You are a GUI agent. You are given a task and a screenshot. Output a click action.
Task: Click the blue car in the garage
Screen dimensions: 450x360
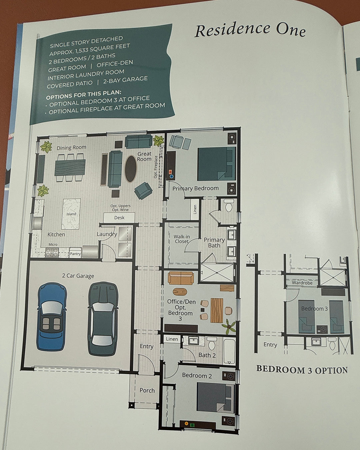pos(52,317)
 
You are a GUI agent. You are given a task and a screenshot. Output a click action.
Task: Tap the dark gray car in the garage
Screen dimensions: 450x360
pos(103,318)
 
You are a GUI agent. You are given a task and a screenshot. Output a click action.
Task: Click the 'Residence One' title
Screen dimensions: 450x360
pos(250,30)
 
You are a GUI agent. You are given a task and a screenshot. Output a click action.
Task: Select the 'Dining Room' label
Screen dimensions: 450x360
pos(71,147)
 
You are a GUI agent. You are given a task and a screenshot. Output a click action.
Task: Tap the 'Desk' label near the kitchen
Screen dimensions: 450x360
pos(119,218)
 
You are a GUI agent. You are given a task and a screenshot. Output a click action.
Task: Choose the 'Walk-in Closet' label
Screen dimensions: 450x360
pos(182,239)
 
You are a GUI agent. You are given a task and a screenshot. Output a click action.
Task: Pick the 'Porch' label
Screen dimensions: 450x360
pos(147,390)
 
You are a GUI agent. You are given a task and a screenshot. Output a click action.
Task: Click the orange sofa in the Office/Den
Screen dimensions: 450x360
pos(181,278)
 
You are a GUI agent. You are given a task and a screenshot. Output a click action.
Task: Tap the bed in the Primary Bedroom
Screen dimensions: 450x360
pos(216,164)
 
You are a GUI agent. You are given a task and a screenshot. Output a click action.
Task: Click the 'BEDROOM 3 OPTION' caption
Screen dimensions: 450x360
pos(302,370)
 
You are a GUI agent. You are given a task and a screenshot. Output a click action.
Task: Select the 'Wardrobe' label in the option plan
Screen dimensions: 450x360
pos(302,283)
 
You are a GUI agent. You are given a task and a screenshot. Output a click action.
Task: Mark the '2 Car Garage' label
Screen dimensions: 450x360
pos(78,276)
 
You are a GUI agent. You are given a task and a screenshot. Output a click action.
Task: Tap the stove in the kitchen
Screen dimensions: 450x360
pos(52,253)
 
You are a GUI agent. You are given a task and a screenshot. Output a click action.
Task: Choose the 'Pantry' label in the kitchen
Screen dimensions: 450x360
pos(75,254)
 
